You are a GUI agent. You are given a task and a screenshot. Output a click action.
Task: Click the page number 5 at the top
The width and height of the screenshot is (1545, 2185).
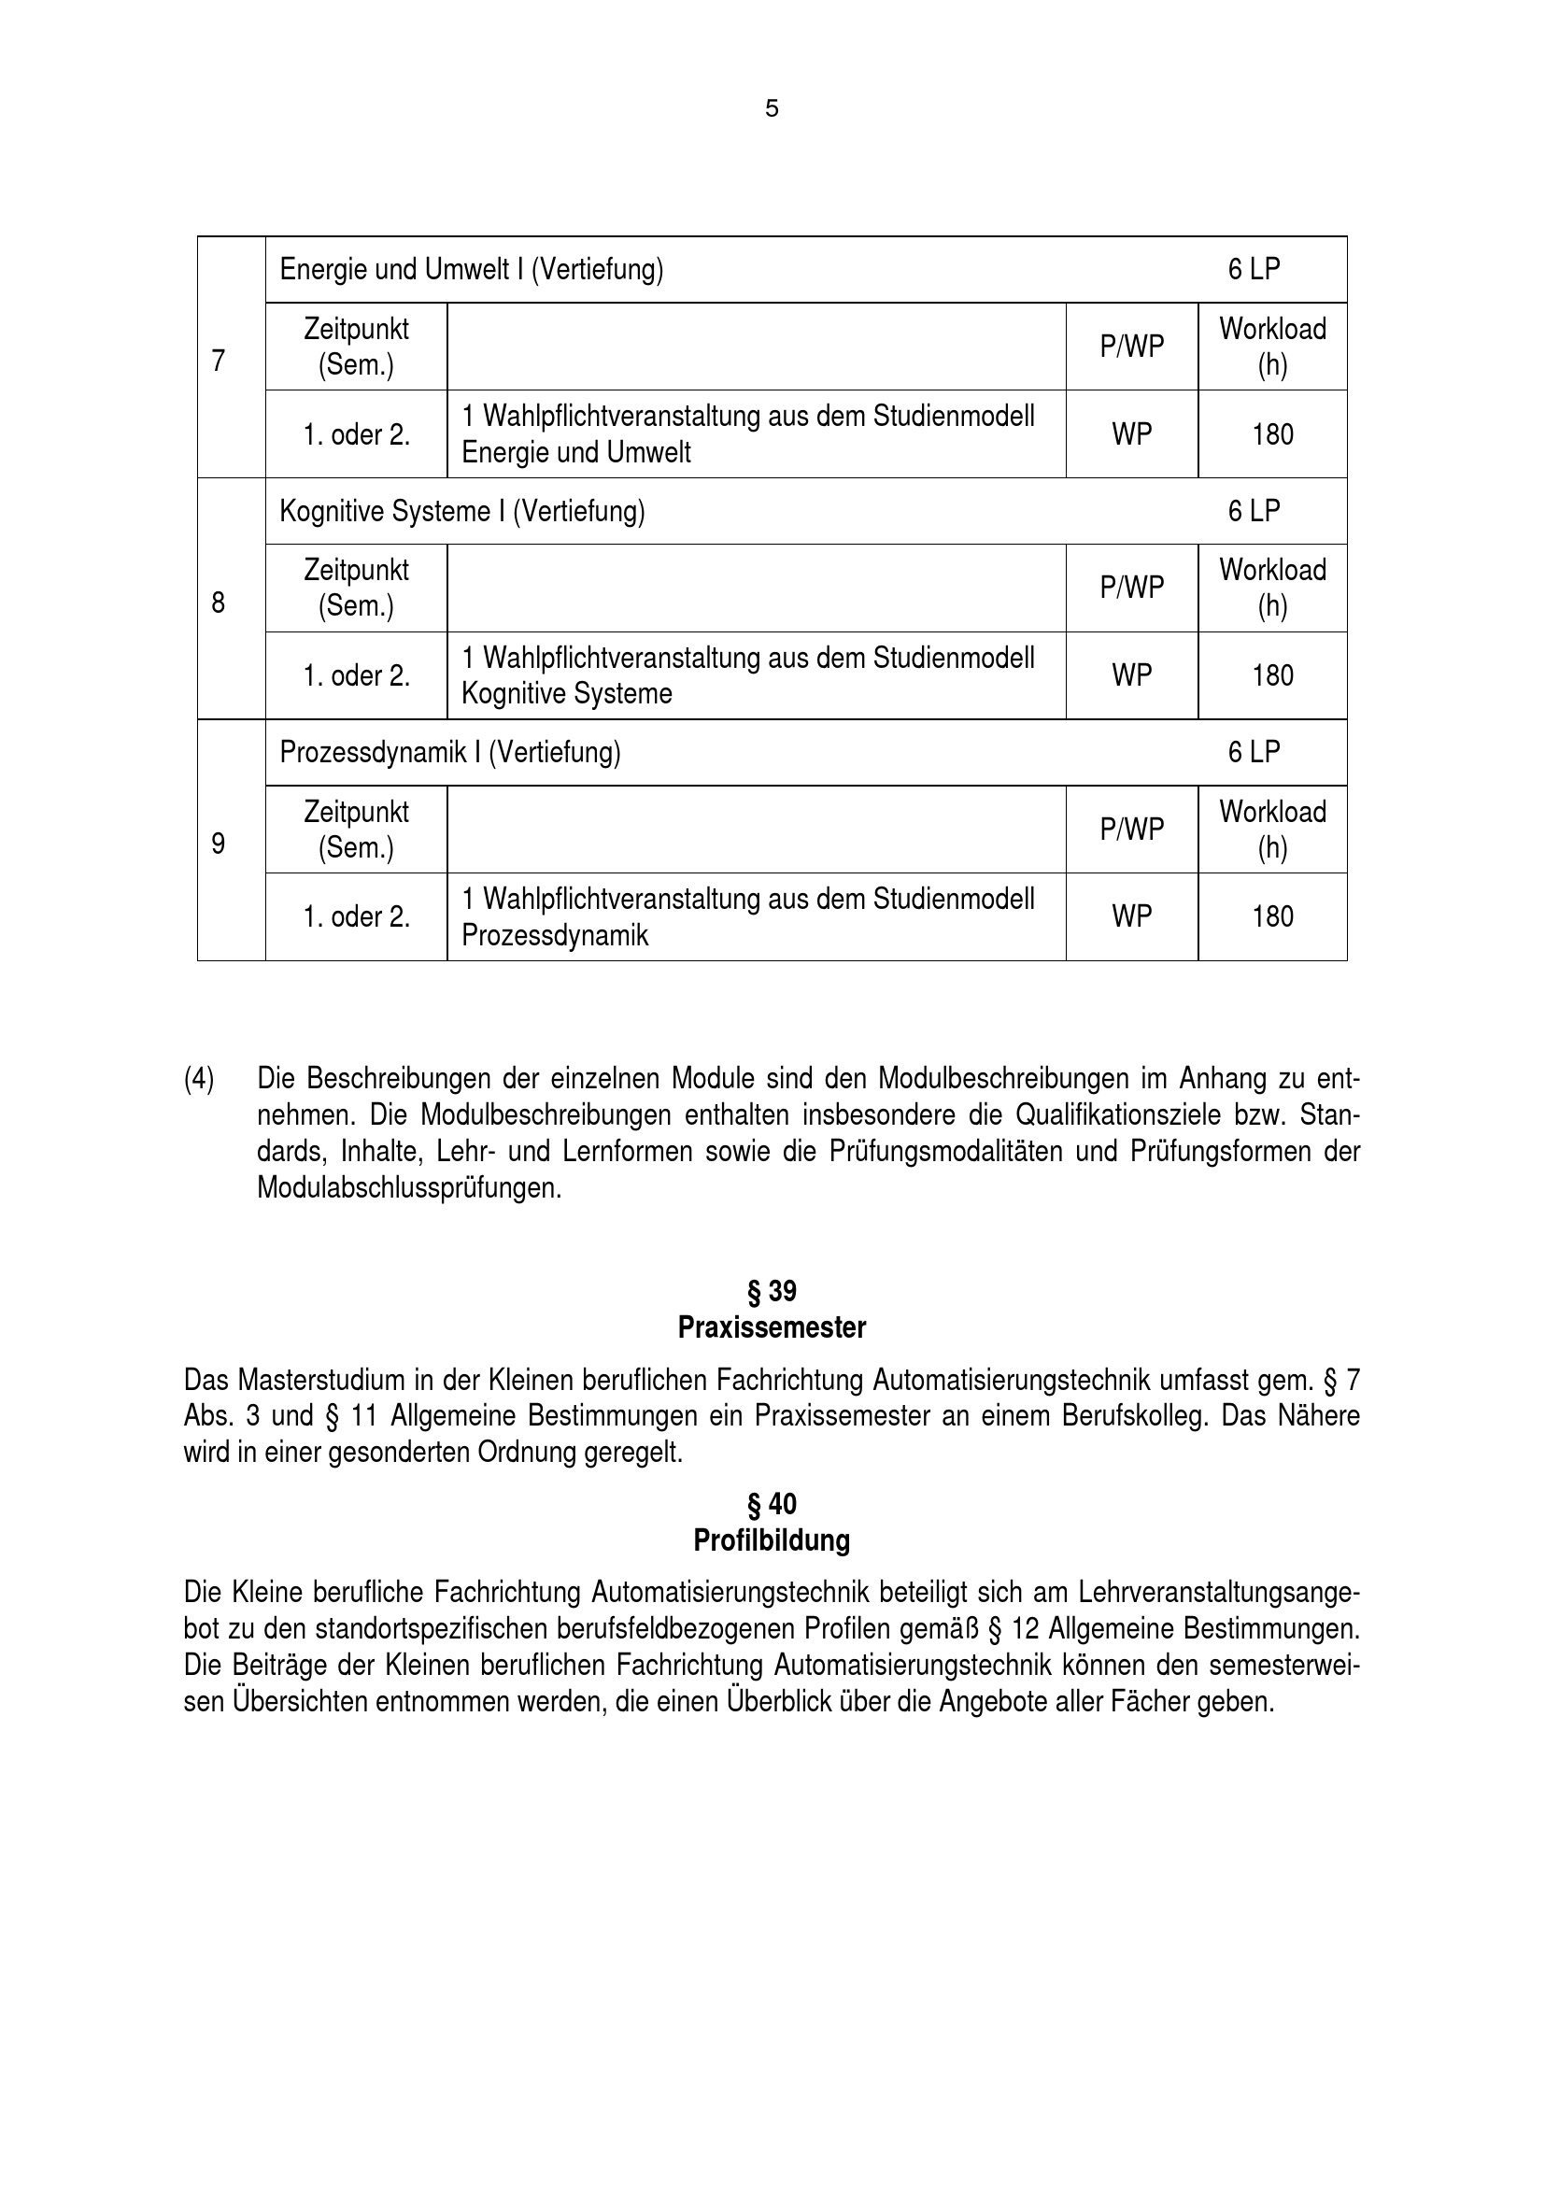coord(772,109)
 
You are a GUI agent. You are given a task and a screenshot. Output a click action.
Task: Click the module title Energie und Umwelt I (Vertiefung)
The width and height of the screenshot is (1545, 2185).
coord(471,270)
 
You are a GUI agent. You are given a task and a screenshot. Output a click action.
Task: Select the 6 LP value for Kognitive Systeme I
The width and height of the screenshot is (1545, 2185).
coord(1253,512)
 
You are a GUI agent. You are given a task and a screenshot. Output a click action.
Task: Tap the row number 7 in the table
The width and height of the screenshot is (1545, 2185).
coord(219,362)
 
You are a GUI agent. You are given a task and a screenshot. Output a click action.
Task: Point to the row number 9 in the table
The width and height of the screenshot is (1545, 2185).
coord(219,844)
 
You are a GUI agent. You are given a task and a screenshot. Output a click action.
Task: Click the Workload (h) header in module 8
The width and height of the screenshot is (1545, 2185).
coord(1272,589)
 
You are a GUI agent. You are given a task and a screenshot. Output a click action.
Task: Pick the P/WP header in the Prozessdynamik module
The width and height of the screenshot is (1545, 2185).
coord(1131,830)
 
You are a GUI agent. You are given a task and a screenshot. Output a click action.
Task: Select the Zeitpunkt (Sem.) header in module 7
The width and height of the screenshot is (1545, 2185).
coord(356,347)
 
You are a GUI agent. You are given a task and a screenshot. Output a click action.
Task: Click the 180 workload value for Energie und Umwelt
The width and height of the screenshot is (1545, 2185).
coord(1272,435)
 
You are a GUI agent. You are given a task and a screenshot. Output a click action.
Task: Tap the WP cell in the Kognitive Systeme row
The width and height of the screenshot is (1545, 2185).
coord(1131,675)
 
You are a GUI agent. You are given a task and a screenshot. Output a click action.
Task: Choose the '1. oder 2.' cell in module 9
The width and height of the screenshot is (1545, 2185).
coord(356,917)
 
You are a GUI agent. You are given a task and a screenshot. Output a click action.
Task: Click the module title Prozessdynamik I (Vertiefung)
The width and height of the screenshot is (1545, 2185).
coord(450,753)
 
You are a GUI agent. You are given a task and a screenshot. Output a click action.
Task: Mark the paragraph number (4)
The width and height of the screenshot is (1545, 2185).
coord(199,1079)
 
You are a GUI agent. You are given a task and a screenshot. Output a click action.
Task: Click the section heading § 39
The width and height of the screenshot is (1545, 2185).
coord(772,1291)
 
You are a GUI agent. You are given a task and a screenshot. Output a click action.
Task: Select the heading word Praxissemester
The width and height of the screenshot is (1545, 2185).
coord(772,1327)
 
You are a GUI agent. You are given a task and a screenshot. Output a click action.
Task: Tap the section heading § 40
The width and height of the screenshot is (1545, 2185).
coord(772,1505)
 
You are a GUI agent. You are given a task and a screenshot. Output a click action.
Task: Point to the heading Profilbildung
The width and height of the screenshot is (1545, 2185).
coord(772,1540)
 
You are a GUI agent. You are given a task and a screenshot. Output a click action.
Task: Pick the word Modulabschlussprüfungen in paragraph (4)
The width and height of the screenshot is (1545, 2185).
coord(409,1188)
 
